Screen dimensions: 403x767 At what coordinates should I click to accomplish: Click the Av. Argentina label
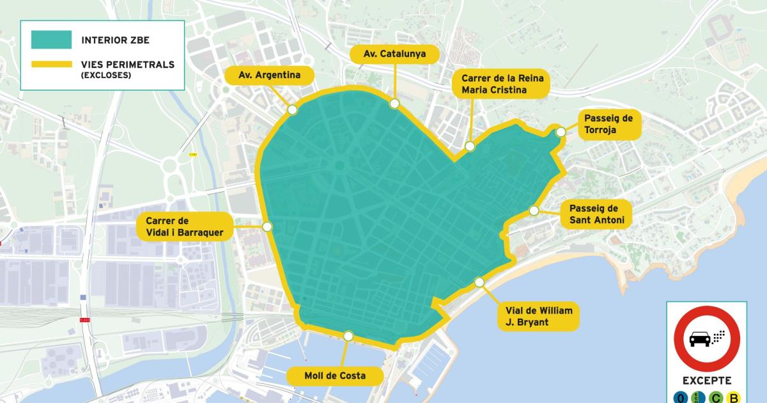pyautogui.click(x=269, y=75)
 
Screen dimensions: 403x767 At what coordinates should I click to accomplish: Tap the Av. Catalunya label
pyautogui.click(x=394, y=54)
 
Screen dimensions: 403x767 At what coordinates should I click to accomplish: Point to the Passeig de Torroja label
pyautogui.click(x=608, y=124)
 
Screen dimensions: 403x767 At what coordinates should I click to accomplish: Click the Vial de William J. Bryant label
pyautogui.click(x=538, y=316)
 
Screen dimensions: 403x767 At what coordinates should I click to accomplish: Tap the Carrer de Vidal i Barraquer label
pyautogui.click(x=185, y=226)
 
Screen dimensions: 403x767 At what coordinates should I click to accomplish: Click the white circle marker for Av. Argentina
pyautogui.click(x=293, y=110)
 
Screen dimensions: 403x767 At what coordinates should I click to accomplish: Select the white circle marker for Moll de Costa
pyautogui.click(x=348, y=336)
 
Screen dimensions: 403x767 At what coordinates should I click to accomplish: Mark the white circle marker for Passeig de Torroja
pyautogui.click(x=561, y=132)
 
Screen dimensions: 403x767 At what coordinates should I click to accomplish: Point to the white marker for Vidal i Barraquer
pyautogui.click(x=267, y=226)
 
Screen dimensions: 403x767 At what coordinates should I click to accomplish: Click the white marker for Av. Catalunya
pyautogui.click(x=395, y=102)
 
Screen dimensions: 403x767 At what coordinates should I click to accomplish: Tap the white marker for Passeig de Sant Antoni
pyautogui.click(x=534, y=210)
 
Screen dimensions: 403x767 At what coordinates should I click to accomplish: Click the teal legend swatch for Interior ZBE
pyautogui.click(x=51, y=40)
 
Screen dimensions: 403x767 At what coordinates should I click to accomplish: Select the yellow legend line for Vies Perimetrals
pyautogui.click(x=51, y=65)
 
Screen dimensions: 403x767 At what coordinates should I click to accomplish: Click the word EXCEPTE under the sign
pyautogui.click(x=706, y=381)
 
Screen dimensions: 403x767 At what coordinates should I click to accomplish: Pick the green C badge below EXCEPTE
pyautogui.click(x=717, y=398)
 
